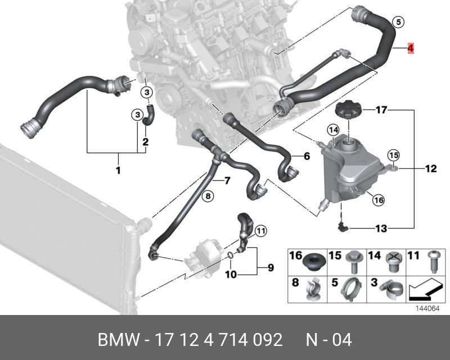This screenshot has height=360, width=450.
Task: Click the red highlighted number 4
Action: (x=411, y=48)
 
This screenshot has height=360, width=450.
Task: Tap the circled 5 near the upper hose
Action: (x=398, y=22)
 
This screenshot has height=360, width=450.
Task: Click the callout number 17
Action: (x=381, y=110)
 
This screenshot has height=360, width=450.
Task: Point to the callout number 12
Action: (x=431, y=168)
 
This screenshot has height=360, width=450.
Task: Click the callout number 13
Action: (x=381, y=228)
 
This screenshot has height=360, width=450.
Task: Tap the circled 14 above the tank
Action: (x=334, y=130)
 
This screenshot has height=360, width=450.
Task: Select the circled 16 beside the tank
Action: (x=378, y=200)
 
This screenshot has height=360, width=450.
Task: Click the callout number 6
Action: (x=307, y=156)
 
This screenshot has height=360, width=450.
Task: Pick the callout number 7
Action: (x=227, y=181)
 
